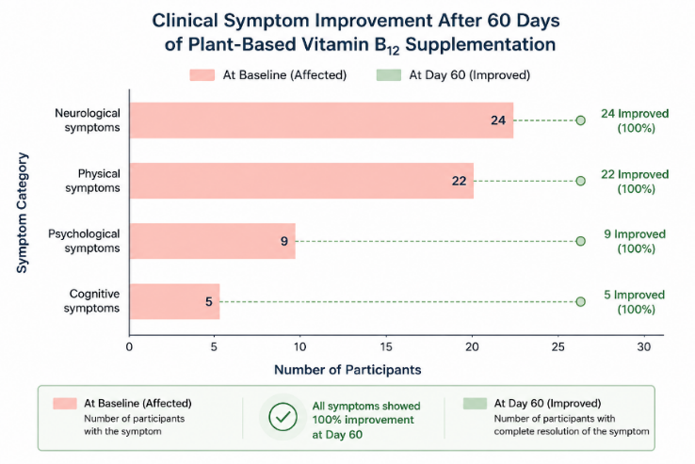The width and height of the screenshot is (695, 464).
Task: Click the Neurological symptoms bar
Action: click(x=322, y=120)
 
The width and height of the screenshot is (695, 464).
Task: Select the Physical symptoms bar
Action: click(x=302, y=181)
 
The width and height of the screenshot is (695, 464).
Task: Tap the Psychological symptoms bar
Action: click(x=213, y=241)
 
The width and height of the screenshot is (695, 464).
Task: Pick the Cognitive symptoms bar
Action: click(x=174, y=301)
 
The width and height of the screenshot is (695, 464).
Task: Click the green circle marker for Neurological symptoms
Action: click(x=581, y=120)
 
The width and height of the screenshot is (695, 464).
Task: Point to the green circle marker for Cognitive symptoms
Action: click(x=581, y=302)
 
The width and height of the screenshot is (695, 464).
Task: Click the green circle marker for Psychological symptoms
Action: click(x=581, y=241)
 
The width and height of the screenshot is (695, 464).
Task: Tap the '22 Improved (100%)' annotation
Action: click(x=635, y=182)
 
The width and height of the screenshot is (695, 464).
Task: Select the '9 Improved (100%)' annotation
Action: click(x=635, y=241)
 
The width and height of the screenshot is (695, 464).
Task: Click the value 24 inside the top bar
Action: click(x=498, y=120)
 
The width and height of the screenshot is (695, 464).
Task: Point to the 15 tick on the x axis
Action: click(x=386, y=347)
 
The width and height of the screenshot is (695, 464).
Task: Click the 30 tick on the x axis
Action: click(x=644, y=347)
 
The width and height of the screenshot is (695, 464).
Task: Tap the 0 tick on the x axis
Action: click(x=129, y=347)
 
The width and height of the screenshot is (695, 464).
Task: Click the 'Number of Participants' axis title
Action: click(x=347, y=370)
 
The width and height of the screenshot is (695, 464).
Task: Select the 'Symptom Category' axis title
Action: click(x=23, y=213)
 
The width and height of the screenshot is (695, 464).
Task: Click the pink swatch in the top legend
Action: click(x=202, y=75)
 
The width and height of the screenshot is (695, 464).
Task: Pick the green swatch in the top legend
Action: click(x=389, y=75)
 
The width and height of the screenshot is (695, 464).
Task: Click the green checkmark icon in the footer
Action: click(x=283, y=417)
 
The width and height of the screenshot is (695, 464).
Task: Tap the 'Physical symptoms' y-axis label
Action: click(x=92, y=181)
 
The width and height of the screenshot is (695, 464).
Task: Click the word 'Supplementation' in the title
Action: click(x=480, y=45)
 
